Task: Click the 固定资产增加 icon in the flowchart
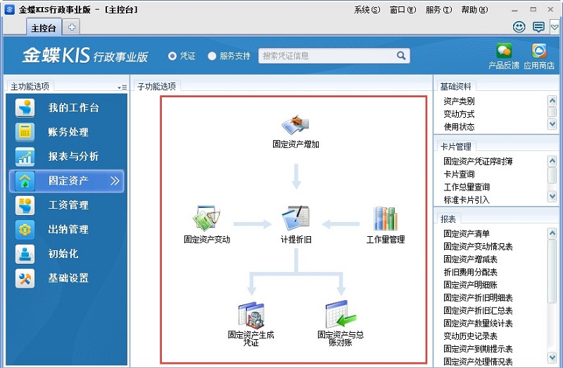(296, 125)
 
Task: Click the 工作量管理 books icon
(385, 219)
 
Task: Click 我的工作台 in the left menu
(73, 108)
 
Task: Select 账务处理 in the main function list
(68, 132)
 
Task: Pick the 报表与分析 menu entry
(73, 157)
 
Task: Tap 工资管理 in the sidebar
(68, 205)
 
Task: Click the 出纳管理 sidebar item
(68, 229)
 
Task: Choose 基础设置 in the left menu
(68, 278)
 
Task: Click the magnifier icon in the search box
(401, 56)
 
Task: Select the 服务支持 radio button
(213, 56)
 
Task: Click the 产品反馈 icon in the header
(504, 52)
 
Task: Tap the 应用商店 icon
(539, 52)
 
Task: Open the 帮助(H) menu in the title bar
(479, 10)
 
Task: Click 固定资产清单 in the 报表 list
(467, 233)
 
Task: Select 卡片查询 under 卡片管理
(459, 174)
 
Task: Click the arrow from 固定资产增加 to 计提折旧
(296, 176)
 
